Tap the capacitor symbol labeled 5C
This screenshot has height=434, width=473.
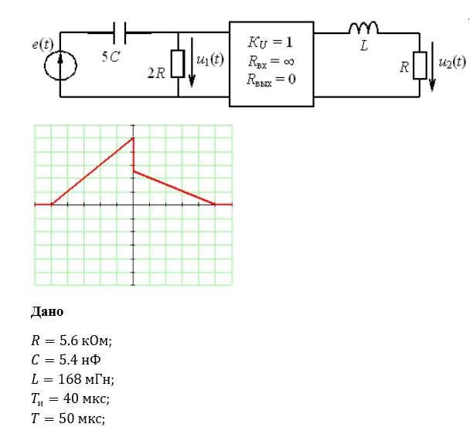(x=120, y=33)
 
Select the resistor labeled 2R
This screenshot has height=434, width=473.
(x=178, y=64)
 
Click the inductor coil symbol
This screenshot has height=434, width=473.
(x=363, y=28)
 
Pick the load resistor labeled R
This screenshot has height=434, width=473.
(x=420, y=66)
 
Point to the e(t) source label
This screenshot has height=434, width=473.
(x=43, y=44)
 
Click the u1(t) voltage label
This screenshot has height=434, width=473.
(x=210, y=59)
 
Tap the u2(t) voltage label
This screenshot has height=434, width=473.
(x=452, y=63)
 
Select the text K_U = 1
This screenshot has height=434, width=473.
(x=270, y=42)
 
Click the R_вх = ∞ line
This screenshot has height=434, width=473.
(x=271, y=62)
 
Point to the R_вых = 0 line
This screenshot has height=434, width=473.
(x=271, y=80)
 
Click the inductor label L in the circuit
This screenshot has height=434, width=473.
(x=364, y=46)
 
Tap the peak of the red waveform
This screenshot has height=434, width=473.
(x=133, y=138)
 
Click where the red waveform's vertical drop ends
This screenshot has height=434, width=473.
(x=134, y=171)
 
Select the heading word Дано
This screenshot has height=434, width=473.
(x=47, y=312)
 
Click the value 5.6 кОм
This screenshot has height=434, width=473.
(x=85, y=341)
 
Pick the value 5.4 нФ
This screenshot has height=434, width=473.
(x=80, y=360)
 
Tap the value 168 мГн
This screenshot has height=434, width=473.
(x=86, y=379)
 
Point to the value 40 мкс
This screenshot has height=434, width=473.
(x=87, y=398)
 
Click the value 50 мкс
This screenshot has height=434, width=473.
(x=82, y=419)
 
